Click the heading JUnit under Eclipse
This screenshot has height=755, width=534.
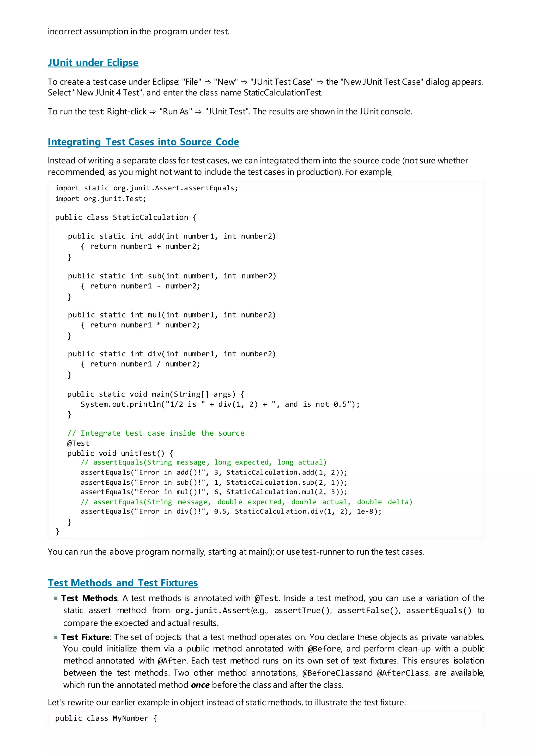tap(93, 63)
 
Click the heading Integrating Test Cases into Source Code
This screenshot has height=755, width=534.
tap(143, 142)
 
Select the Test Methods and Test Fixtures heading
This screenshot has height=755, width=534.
tap(123, 583)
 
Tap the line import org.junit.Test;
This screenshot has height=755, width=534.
tap(100, 199)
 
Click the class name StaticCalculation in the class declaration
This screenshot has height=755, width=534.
tap(150, 217)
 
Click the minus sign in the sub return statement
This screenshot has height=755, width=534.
tap(159, 286)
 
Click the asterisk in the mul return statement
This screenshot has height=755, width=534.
tap(159, 325)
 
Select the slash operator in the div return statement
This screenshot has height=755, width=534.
tap(159, 364)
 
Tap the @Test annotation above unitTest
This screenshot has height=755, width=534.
tap(78, 443)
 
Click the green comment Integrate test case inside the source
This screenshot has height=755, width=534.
tap(156, 433)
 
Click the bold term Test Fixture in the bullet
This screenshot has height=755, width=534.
tap(85, 637)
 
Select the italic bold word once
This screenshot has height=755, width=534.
tap(200, 685)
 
